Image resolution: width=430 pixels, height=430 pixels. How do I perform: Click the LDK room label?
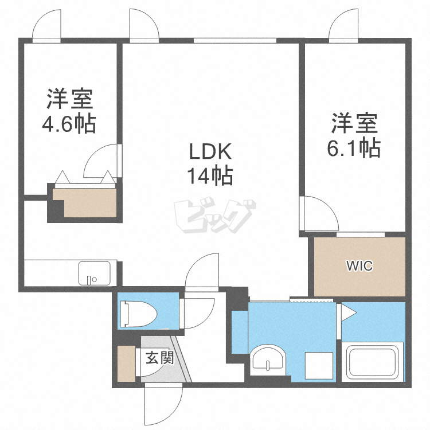210,152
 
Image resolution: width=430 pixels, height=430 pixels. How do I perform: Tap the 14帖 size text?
210,175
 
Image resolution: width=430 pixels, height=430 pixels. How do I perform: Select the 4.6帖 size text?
69,123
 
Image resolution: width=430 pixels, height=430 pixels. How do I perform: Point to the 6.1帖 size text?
354,148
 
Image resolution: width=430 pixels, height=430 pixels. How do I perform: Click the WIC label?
359,265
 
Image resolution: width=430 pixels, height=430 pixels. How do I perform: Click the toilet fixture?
138,314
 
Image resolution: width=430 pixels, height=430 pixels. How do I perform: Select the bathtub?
373,362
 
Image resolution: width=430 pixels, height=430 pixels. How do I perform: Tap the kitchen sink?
95,273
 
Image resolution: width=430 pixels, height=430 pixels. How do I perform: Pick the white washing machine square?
319,366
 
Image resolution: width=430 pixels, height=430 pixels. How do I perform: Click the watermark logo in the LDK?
215,215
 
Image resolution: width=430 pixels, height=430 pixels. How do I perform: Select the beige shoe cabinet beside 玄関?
127,363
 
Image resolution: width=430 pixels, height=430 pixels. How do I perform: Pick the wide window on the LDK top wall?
235,41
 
